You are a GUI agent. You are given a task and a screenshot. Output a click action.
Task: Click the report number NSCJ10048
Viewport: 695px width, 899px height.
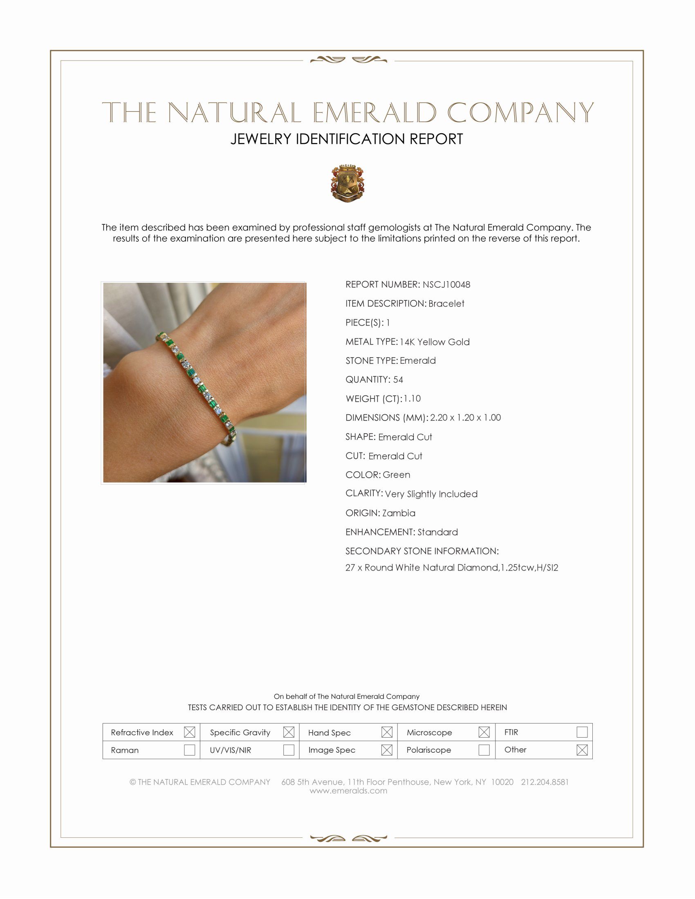point(446,284)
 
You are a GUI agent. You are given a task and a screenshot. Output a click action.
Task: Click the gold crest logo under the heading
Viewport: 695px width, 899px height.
point(347,183)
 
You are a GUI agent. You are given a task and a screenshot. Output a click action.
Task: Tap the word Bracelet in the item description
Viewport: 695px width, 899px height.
point(446,303)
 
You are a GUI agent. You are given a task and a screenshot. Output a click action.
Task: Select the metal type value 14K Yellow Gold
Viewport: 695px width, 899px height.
point(434,342)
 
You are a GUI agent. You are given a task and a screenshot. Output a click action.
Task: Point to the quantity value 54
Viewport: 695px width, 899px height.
point(398,380)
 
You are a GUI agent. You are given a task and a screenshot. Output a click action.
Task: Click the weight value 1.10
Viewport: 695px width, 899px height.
point(412,398)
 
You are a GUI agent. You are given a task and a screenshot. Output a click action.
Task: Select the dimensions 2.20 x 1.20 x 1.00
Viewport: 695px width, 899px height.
point(465,417)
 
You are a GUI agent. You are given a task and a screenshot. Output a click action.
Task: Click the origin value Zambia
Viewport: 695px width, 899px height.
point(399,513)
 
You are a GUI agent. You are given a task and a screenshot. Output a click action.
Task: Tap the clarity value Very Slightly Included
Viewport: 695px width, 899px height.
point(431,494)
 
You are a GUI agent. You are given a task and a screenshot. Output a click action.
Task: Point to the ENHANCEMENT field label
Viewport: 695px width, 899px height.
point(381,532)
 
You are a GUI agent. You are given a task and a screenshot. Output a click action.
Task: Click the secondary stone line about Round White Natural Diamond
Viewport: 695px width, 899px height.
point(452,568)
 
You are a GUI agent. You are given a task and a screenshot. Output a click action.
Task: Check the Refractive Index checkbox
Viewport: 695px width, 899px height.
point(189,732)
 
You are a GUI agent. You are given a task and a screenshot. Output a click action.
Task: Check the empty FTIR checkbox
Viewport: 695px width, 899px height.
point(582,732)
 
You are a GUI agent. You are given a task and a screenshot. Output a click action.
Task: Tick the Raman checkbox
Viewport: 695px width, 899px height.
point(189,750)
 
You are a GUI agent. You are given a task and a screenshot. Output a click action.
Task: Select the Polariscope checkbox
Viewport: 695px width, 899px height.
point(484,750)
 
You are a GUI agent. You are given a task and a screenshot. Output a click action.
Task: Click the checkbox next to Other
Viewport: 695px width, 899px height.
point(582,750)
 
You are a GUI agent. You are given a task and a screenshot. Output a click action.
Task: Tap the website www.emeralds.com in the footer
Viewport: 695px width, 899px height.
point(348,791)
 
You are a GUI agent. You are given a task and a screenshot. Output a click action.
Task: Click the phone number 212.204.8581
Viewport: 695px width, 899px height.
point(545,782)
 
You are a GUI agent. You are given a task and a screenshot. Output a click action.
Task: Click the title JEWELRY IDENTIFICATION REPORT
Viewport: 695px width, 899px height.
point(347,139)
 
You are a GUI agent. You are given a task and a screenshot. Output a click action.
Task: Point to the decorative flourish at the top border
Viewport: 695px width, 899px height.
point(348,60)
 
